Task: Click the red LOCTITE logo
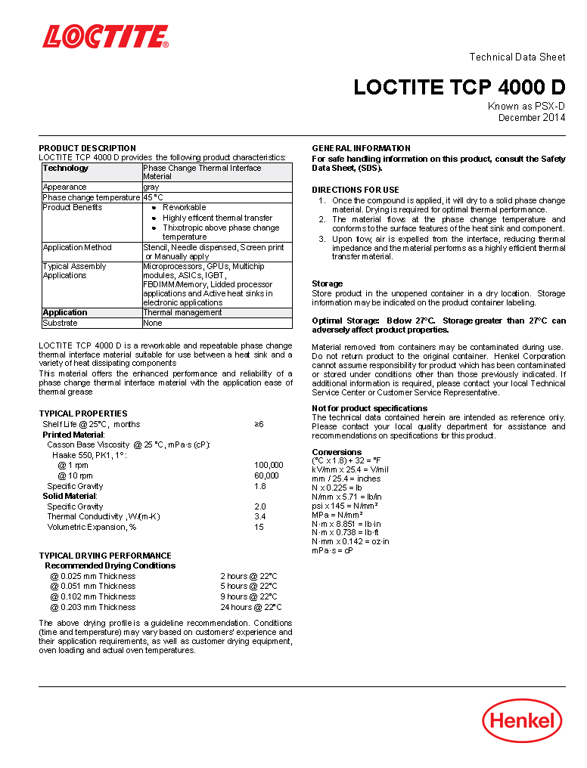[105, 37]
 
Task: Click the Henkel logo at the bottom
[522, 720]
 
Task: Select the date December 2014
[531, 118]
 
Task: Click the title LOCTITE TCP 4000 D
[459, 88]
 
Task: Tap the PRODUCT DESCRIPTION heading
[88, 148]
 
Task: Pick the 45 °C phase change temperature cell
[154, 197]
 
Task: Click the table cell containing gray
[151, 187]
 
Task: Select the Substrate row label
[60, 323]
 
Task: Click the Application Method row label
[77, 247]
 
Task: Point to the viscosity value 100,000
[269, 465]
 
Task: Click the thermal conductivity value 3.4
[259, 516]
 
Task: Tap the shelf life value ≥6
[259, 424]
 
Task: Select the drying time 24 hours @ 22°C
[251, 607]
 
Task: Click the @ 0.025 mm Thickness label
[93, 575]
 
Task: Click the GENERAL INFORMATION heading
[362, 148]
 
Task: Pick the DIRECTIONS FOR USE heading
[356, 190]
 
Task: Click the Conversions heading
[337, 452]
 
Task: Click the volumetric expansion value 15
[259, 527]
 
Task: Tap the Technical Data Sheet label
[517, 57]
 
